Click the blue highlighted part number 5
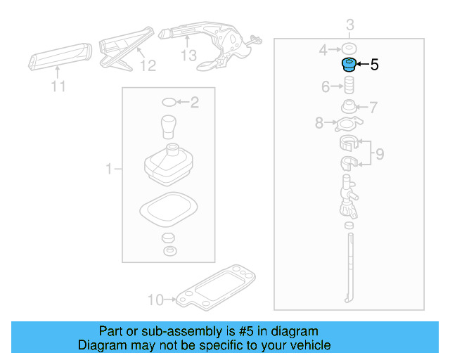click(x=347, y=66)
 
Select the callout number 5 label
click(x=374, y=65)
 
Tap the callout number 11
click(x=58, y=86)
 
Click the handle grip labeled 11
click(x=59, y=59)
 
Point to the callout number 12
click(x=147, y=66)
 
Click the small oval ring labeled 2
click(x=169, y=103)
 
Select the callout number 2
click(x=195, y=103)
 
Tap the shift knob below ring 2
click(x=169, y=127)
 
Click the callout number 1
click(x=109, y=169)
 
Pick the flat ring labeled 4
click(x=347, y=49)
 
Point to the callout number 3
click(x=349, y=27)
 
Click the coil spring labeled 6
click(x=347, y=89)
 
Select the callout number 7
click(x=373, y=108)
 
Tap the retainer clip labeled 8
click(x=346, y=125)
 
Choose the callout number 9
click(x=379, y=154)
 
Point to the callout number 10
click(x=155, y=300)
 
